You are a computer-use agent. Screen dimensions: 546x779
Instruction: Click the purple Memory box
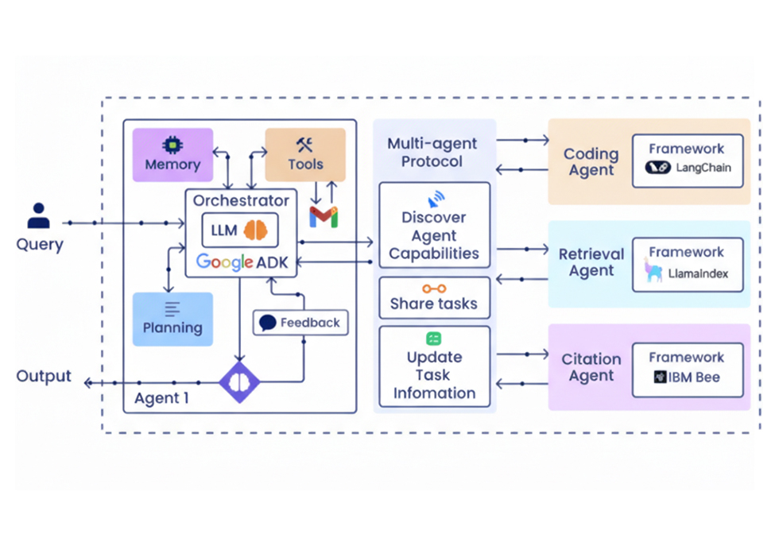[x=172, y=155]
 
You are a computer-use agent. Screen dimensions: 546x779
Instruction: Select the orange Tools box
[x=305, y=155]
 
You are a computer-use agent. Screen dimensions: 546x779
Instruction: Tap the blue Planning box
[x=172, y=319]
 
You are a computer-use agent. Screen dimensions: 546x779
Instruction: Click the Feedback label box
[x=300, y=323]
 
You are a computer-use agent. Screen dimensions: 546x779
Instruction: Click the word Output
[x=44, y=376]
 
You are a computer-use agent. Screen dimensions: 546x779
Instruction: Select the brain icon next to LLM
[x=256, y=230]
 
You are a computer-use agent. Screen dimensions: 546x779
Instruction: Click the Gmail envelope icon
[x=324, y=216]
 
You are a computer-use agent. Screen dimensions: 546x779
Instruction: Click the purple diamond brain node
[x=239, y=382]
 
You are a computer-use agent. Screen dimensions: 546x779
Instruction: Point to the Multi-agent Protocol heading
[x=432, y=153]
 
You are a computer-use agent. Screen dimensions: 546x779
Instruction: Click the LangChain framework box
[x=688, y=161]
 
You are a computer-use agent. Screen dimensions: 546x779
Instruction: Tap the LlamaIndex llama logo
[x=653, y=271]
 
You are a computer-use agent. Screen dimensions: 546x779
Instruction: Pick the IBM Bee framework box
[x=688, y=370]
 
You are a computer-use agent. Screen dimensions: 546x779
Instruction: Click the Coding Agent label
[x=591, y=162]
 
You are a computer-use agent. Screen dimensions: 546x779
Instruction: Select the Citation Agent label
[x=591, y=367]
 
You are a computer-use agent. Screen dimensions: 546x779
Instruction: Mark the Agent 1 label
[x=161, y=398]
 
